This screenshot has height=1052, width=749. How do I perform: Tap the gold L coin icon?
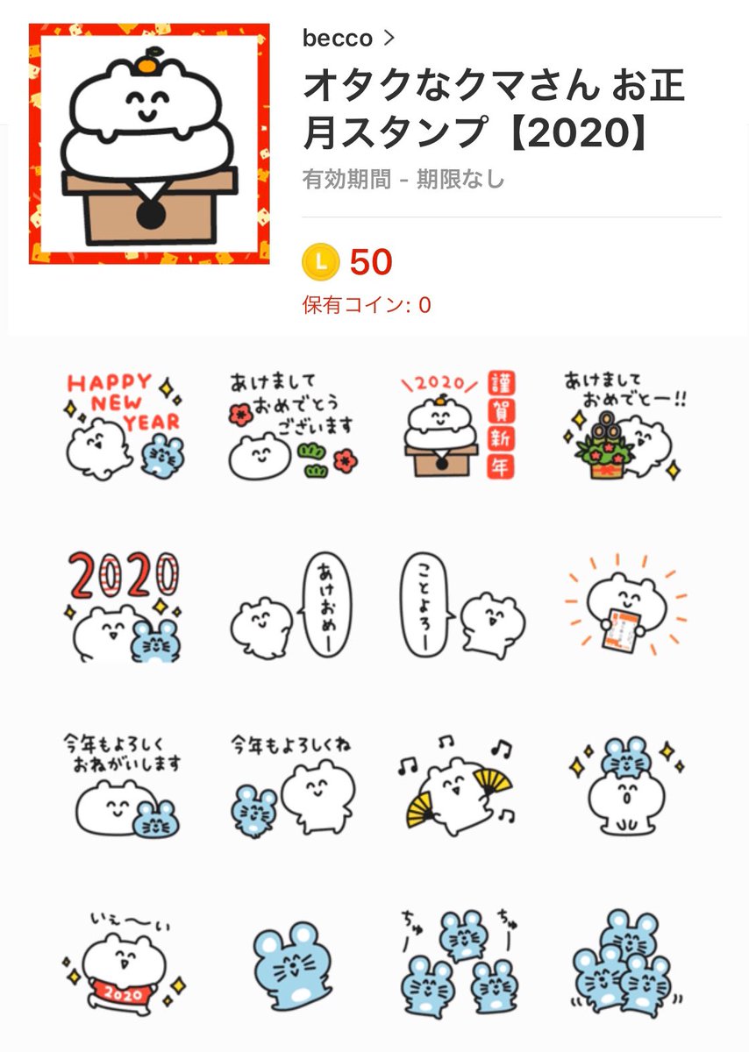pyautogui.click(x=319, y=262)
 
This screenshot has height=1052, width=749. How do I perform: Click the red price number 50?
pyautogui.click(x=371, y=262)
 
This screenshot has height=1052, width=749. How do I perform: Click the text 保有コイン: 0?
pyautogui.click(x=366, y=306)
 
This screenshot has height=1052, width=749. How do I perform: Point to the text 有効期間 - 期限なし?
pyautogui.click(x=403, y=180)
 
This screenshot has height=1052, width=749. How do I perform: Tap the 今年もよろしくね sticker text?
pyautogui.click(x=290, y=745)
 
